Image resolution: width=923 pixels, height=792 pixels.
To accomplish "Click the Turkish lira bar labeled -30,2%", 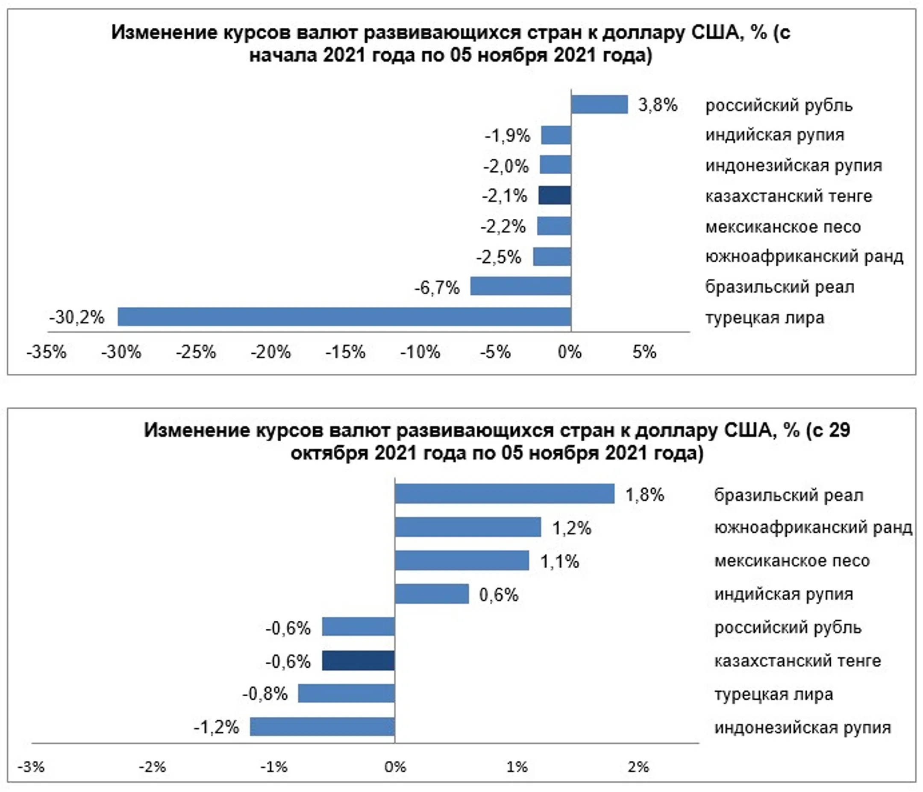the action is pos(344,317).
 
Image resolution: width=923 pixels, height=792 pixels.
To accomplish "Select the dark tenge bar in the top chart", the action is pos(555,196).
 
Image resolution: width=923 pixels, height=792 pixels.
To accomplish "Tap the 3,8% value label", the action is pos(658,105).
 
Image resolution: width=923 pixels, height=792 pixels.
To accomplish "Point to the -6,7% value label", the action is pos(437,288).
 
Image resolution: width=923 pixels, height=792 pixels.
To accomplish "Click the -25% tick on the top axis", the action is pos(196,352).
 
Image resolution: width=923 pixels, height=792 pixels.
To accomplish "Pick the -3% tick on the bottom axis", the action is pos(31,767).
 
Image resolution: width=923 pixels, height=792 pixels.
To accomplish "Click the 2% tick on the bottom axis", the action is pos(638,767).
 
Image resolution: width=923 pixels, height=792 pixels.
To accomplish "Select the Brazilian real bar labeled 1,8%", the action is pos(505,494).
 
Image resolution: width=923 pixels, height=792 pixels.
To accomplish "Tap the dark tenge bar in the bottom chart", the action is pos(359,660).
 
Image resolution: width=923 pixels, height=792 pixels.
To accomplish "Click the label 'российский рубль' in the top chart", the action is pos(779,106).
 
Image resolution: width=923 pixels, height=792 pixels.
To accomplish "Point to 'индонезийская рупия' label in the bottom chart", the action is pos(803,727).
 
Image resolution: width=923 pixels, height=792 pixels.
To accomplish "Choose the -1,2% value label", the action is pos(217,727).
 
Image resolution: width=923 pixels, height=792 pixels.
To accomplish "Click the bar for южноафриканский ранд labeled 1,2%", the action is pos(468,528).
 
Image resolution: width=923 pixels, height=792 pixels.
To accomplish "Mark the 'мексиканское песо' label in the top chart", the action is pos(783,227).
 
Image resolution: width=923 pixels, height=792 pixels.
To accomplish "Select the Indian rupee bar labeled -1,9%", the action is pos(556,135).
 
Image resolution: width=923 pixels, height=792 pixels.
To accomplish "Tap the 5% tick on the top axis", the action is pos(644,352).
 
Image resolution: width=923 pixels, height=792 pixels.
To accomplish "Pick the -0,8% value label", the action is pos(265,694).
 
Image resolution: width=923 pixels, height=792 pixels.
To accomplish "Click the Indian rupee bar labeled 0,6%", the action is pos(432,594).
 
